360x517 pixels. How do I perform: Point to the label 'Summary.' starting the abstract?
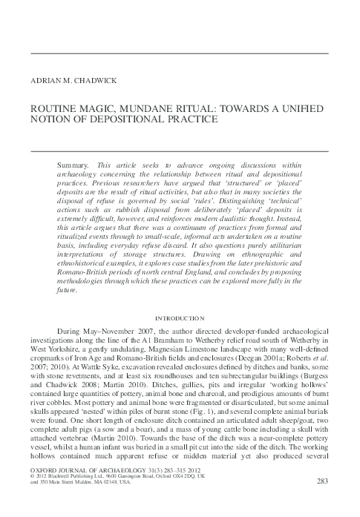[71, 162]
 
